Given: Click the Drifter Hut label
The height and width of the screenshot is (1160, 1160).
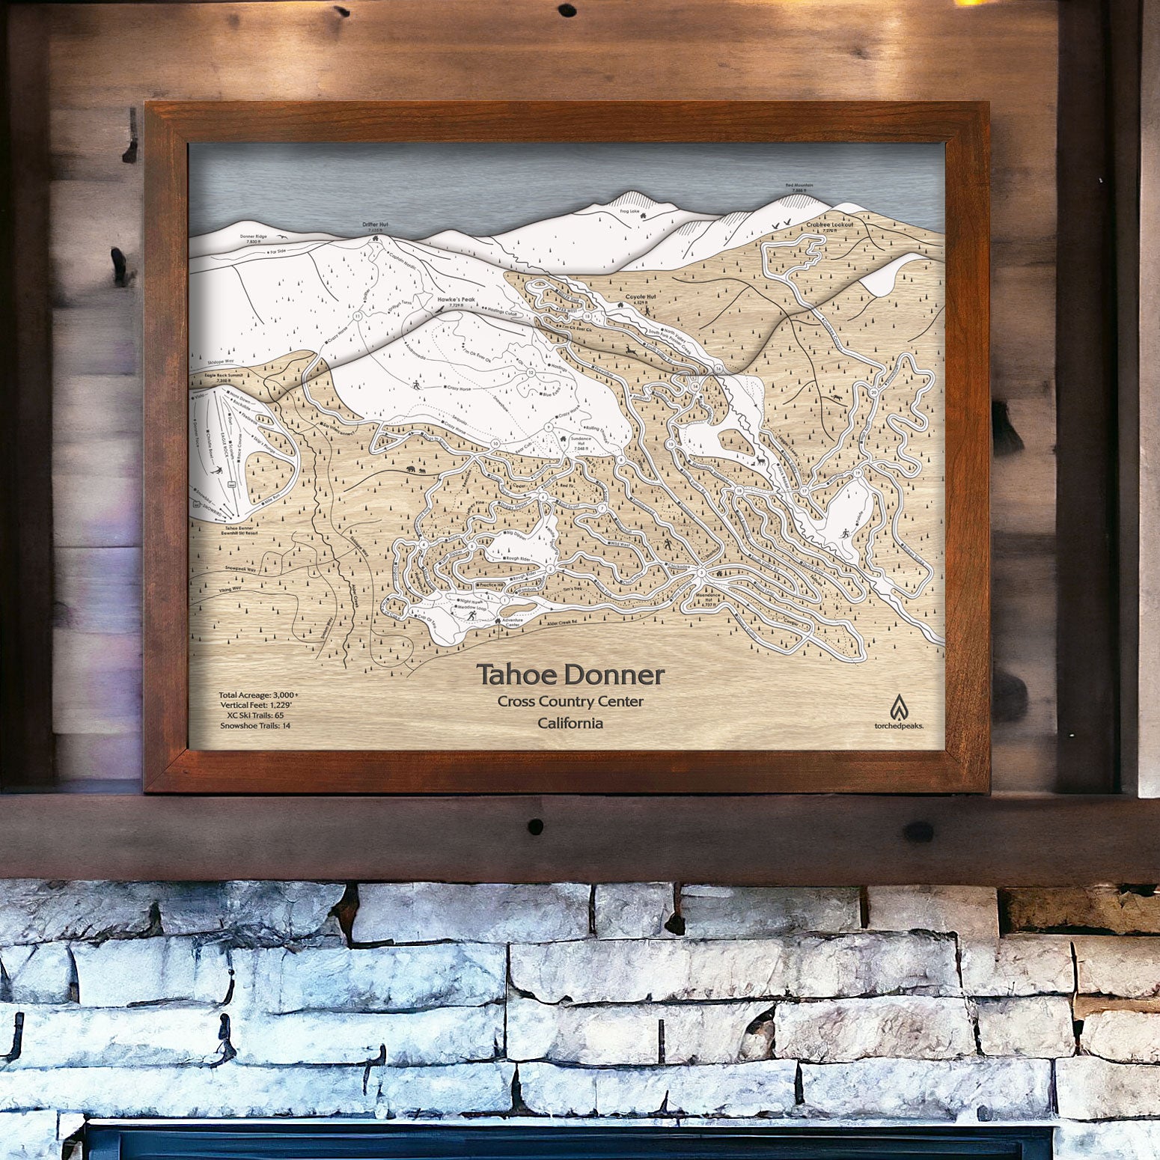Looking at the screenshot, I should [x=373, y=224].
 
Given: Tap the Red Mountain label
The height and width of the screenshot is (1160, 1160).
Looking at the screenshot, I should [x=798, y=185].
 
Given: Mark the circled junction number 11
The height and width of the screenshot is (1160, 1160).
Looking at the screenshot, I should [x=358, y=317].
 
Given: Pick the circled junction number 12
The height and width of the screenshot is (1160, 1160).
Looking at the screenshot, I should [x=531, y=373].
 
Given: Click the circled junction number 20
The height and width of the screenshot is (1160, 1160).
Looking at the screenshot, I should [x=874, y=392].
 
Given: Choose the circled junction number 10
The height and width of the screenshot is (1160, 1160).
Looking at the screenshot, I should [x=495, y=444].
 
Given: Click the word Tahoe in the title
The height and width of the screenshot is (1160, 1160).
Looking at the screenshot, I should [x=518, y=675].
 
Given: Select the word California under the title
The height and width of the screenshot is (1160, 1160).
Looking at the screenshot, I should [x=570, y=723].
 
